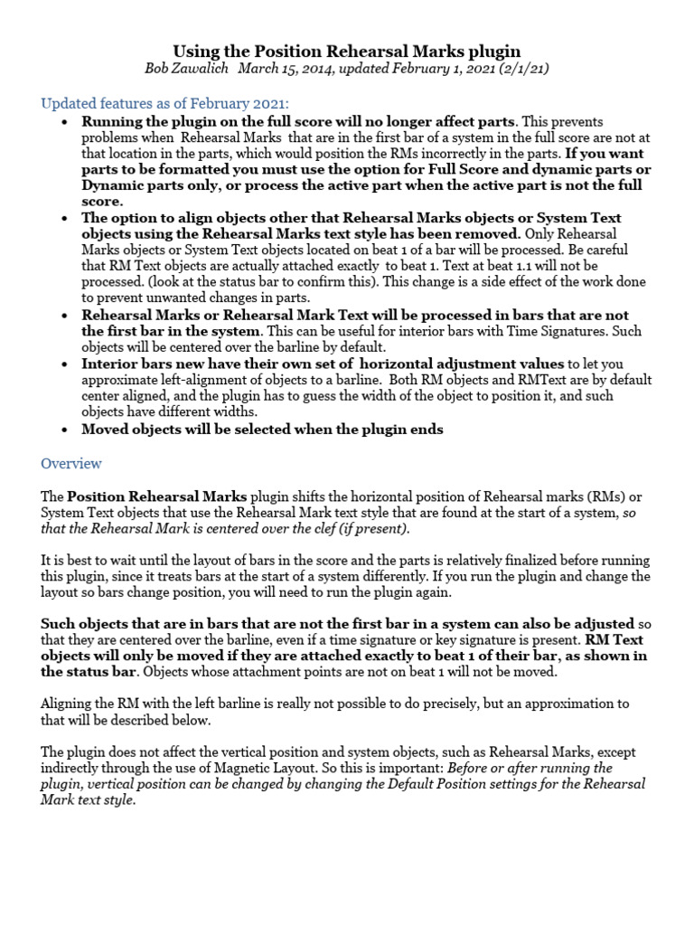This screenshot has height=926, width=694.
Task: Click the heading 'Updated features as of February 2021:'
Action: [x=165, y=103]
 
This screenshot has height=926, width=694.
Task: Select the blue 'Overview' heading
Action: [x=71, y=463]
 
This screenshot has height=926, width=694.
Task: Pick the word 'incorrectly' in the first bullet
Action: [x=432, y=154]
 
